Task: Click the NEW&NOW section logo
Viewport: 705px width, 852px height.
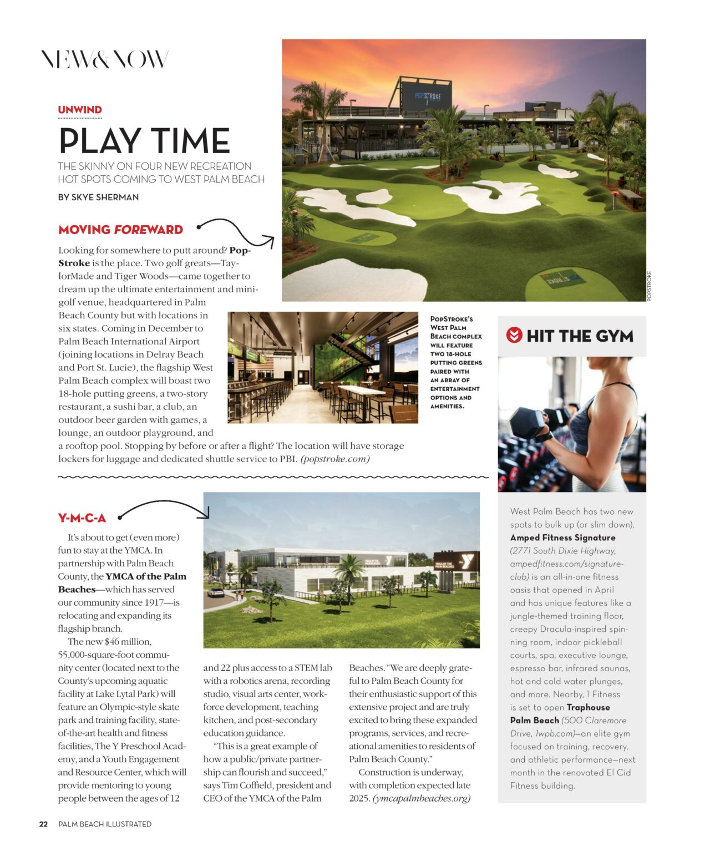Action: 104,59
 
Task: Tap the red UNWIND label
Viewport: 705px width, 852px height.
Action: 80,110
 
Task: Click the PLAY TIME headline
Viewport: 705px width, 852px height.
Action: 144,141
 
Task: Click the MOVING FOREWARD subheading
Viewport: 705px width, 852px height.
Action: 120,230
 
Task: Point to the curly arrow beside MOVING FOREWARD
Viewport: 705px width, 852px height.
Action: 236,232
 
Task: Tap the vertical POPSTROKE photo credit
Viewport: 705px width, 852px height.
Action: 650,286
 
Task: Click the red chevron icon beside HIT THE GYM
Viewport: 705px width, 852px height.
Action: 514,335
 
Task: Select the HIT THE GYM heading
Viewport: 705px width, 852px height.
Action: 580,336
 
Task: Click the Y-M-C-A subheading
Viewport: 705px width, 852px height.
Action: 82,518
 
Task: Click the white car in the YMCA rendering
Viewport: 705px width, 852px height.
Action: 216,592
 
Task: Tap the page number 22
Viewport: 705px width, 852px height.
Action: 43,824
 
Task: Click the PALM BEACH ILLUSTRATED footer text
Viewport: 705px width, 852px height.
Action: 105,824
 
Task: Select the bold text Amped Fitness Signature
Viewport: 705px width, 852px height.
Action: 562,537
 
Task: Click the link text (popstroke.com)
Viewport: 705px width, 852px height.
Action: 335,459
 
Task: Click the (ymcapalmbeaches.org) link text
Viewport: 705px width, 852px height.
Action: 422,798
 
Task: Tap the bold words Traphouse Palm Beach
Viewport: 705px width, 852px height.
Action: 560,714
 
